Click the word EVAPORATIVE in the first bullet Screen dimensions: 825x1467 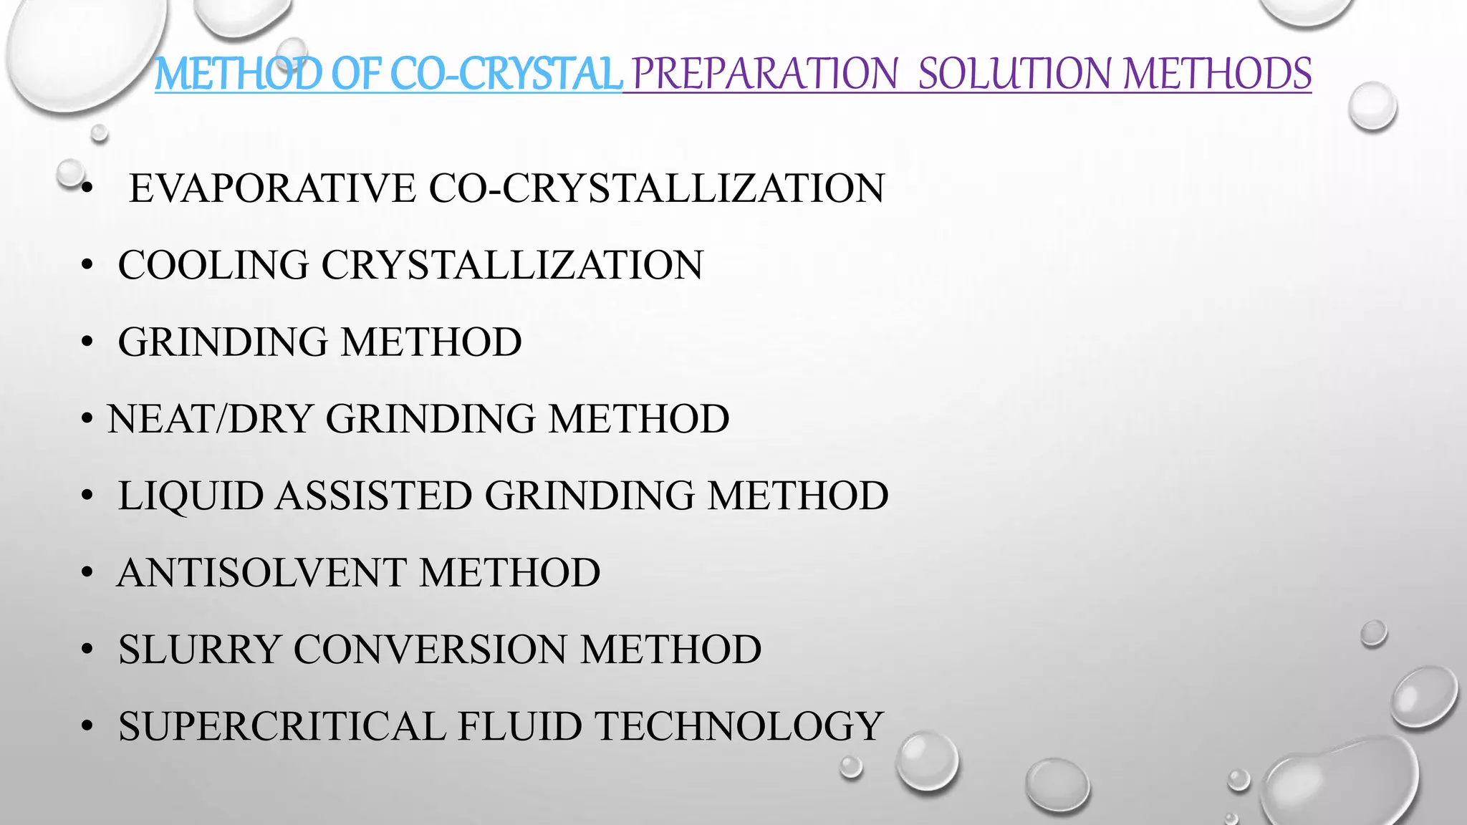click(272, 188)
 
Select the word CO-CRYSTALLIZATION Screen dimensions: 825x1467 click(657, 188)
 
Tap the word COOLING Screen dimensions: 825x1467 click(213, 265)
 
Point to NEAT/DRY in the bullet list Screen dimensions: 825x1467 click(210, 419)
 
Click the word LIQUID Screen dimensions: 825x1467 click(191, 496)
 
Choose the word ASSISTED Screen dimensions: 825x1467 click(374, 496)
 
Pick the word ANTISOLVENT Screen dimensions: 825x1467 click(261, 573)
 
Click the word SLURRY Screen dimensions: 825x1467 click(198, 650)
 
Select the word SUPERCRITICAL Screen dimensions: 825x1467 click(282, 726)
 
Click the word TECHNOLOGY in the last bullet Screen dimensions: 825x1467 click(739, 726)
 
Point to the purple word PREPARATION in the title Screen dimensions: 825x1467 click(764, 74)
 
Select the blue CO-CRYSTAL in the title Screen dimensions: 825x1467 click(506, 74)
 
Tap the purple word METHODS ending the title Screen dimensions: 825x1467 click(1217, 74)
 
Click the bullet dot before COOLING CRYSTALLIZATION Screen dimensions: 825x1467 click(87, 266)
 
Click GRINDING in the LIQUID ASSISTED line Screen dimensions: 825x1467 click(590, 496)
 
